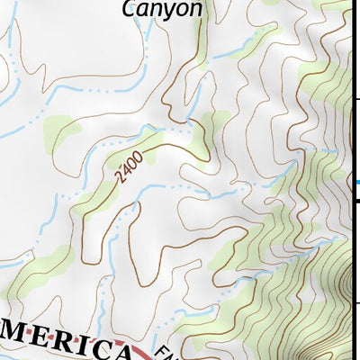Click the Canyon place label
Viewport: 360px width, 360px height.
pos(162,9)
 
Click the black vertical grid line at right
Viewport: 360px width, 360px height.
pos(350,135)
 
